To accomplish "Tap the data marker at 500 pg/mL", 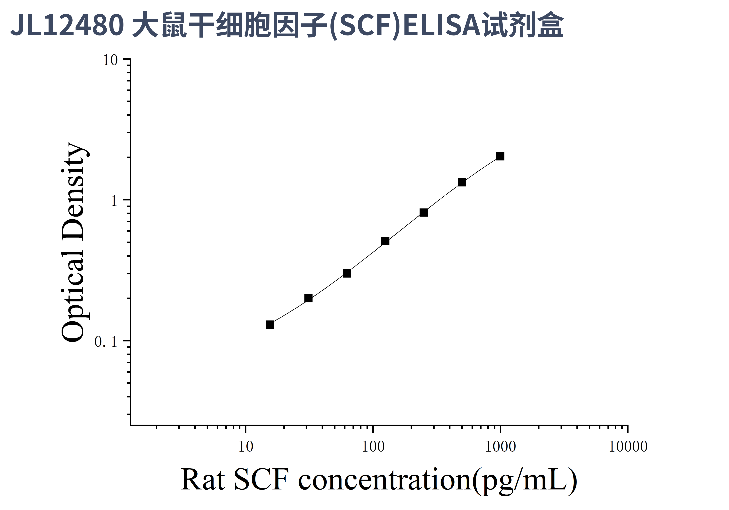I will (x=462, y=182).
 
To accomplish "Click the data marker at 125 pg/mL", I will (x=385, y=241).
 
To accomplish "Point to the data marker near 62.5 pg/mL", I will (x=347, y=273).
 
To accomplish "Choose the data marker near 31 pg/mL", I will (x=308, y=298).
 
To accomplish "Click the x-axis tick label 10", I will (x=245, y=447).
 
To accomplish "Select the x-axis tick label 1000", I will (x=500, y=447).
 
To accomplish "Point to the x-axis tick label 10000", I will (x=628, y=447).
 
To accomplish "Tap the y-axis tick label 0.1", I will (x=106, y=342).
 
